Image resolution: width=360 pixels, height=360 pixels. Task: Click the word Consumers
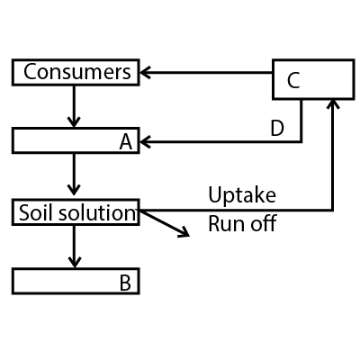click(77, 72)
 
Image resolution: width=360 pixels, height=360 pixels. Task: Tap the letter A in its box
click(126, 141)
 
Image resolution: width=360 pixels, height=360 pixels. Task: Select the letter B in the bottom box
click(125, 283)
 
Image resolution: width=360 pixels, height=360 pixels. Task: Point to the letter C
click(293, 80)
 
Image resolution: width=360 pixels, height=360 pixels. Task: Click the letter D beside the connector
click(277, 128)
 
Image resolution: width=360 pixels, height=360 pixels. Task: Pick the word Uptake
click(242, 195)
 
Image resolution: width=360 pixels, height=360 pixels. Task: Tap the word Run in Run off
click(224, 224)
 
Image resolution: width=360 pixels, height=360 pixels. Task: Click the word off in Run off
click(264, 223)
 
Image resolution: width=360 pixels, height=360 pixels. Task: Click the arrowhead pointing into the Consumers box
click(145, 73)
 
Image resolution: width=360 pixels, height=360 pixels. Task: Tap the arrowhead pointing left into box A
click(145, 141)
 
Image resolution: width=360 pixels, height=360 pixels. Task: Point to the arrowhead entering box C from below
click(333, 103)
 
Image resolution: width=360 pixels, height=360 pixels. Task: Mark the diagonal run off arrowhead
click(184, 231)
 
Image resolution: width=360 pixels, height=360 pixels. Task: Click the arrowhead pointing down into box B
click(74, 262)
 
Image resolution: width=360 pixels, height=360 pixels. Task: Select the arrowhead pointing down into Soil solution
click(74, 190)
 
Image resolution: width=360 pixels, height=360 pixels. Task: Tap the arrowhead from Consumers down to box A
click(74, 121)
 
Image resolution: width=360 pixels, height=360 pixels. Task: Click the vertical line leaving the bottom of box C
click(301, 121)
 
